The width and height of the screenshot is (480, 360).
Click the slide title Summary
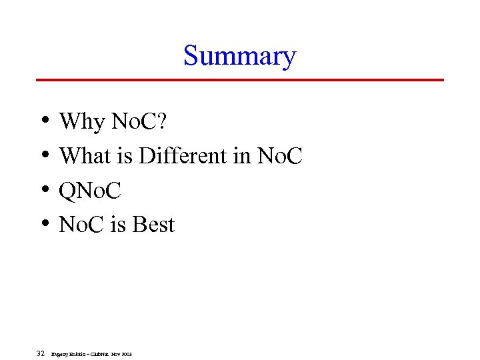click(239, 56)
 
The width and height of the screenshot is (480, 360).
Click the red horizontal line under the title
click(239, 80)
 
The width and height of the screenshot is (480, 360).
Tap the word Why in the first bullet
click(82, 122)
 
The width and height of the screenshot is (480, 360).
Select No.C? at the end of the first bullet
click(140, 122)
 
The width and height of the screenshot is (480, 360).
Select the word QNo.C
click(90, 191)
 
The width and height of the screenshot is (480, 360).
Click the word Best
click(153, 225)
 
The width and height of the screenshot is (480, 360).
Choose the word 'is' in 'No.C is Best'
click(118, 225)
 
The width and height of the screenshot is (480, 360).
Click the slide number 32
click(41, 353)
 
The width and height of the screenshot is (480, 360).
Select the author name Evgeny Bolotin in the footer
click(68, 353)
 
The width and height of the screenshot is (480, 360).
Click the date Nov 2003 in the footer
click(121, 353)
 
